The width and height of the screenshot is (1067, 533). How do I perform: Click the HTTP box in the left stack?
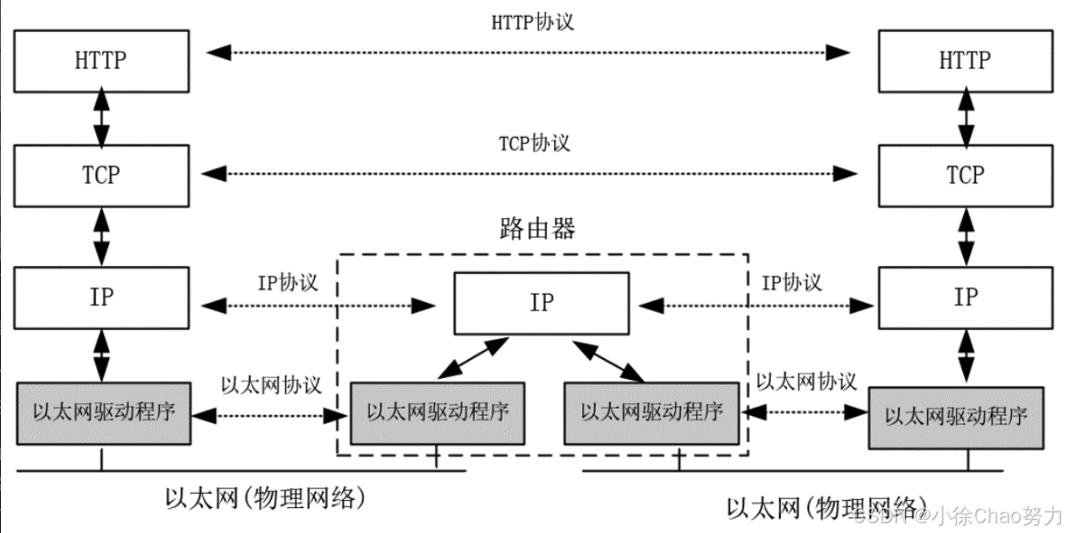[x=101, y=61]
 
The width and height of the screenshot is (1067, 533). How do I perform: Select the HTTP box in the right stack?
[x=965, y=61]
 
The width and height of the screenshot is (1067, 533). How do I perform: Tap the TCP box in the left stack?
[x=101, y=175]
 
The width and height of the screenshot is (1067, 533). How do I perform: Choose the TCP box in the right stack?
[x=965, y=175]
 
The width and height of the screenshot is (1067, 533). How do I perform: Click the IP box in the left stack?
[x=101, y=296]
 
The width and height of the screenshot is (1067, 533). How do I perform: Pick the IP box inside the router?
[x=542, y=303]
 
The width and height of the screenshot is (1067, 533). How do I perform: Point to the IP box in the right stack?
[x=965, y=296]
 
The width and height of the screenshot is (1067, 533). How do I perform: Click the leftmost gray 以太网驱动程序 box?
[x=103, y=412]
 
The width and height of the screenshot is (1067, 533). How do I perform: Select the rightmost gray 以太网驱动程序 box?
[x=956, y=416]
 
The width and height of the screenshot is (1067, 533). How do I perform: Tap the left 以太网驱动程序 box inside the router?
[x=437, y=412]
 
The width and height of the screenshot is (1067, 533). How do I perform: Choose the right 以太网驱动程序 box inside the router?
[x=651, y=412]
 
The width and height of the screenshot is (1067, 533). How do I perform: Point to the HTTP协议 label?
[x=533, y=22]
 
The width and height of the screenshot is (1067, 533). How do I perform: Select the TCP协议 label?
[x=534, y=142]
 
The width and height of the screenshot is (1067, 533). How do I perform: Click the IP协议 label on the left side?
[x=287, y=282]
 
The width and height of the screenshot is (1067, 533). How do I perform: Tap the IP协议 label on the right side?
[x=791, y=282]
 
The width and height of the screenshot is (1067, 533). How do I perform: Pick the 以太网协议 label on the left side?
[x=270, y=384]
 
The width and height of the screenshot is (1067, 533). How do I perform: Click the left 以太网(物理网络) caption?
[x=266, y=497]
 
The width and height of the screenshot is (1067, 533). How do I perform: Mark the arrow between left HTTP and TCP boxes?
[x=101, y=117]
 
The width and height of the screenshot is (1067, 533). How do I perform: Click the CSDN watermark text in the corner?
[x=956, y=515]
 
